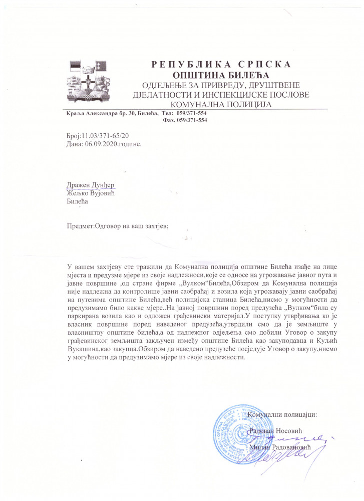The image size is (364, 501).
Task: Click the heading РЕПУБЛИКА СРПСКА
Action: (221, 65)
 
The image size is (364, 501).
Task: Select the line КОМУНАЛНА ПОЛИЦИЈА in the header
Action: (221, 104)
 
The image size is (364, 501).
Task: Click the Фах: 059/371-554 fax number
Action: (185, 120)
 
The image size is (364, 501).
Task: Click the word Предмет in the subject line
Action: (81, 225)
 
